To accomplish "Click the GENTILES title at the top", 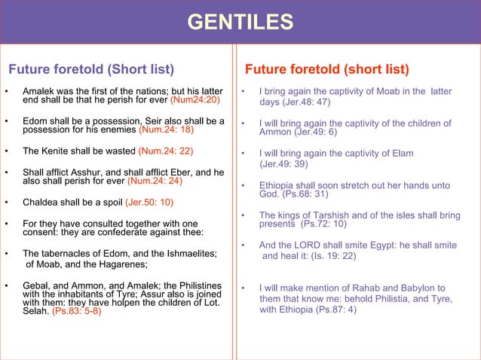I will (240, 22).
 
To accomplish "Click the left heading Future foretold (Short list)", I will (90, 70).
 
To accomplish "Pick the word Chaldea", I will (42, 202).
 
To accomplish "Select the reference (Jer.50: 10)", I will (149, 202).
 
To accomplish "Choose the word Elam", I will (400, 153).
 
